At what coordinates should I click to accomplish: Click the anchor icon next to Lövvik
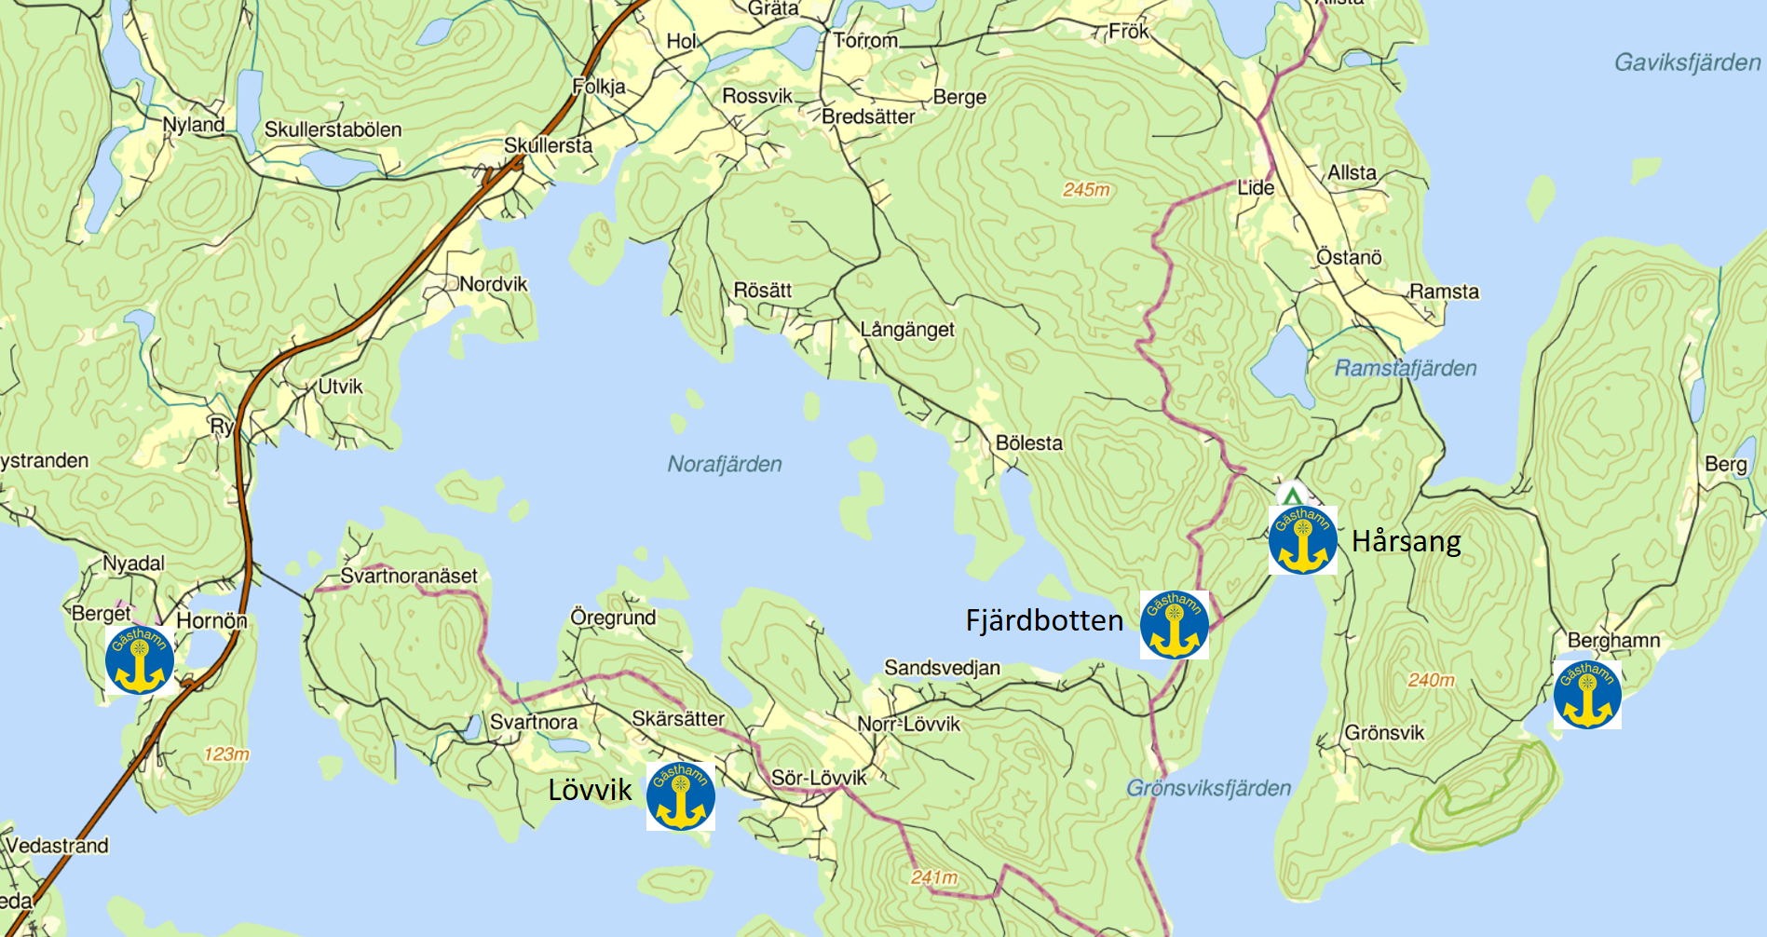(681, 796)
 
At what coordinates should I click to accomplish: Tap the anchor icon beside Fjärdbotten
(1175, 624)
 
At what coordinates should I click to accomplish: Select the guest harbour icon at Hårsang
(1302, 540)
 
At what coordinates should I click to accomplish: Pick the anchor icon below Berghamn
(1587, 695)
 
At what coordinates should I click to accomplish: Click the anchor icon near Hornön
(140, 660)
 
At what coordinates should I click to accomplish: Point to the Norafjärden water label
(725, 464)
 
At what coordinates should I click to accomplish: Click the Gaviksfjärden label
(1687, 62)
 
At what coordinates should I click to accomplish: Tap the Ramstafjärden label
(1405, 368)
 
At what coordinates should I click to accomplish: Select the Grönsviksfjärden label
(1208, 788)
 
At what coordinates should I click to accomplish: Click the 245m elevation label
(1086, 190)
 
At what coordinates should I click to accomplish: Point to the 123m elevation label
(226, 754)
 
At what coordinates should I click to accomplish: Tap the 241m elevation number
(933, 876)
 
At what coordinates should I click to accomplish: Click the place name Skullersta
(548, 145)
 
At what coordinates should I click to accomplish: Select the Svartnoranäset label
(408, 576)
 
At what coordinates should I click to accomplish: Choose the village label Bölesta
(1028, 443)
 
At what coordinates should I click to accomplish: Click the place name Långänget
(906, 329)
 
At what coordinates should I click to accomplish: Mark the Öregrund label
(613, 618)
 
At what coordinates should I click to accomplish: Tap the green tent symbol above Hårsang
(1291, 494)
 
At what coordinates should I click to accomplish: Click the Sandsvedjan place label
(942, 668)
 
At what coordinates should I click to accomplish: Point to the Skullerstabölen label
(333, 129)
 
